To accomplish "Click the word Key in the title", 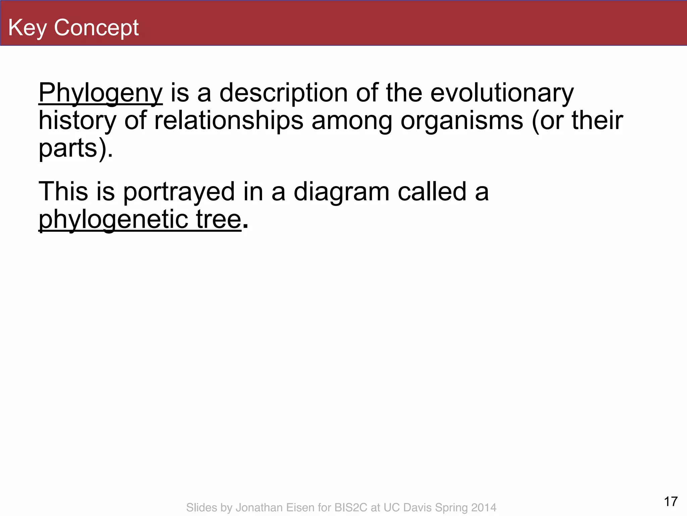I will pos(28,28).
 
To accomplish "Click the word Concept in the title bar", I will pos(96,28).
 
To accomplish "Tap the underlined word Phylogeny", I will pos(101,93).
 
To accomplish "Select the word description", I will pos(283,93).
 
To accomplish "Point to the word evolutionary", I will pos(502,93).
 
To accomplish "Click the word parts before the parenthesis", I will pos(68,148).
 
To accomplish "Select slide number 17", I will pos(671,502).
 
